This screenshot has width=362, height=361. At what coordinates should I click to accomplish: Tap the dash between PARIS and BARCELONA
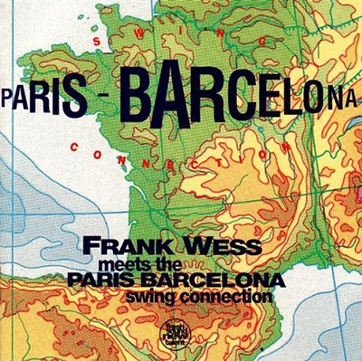click(x=102, y=95)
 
